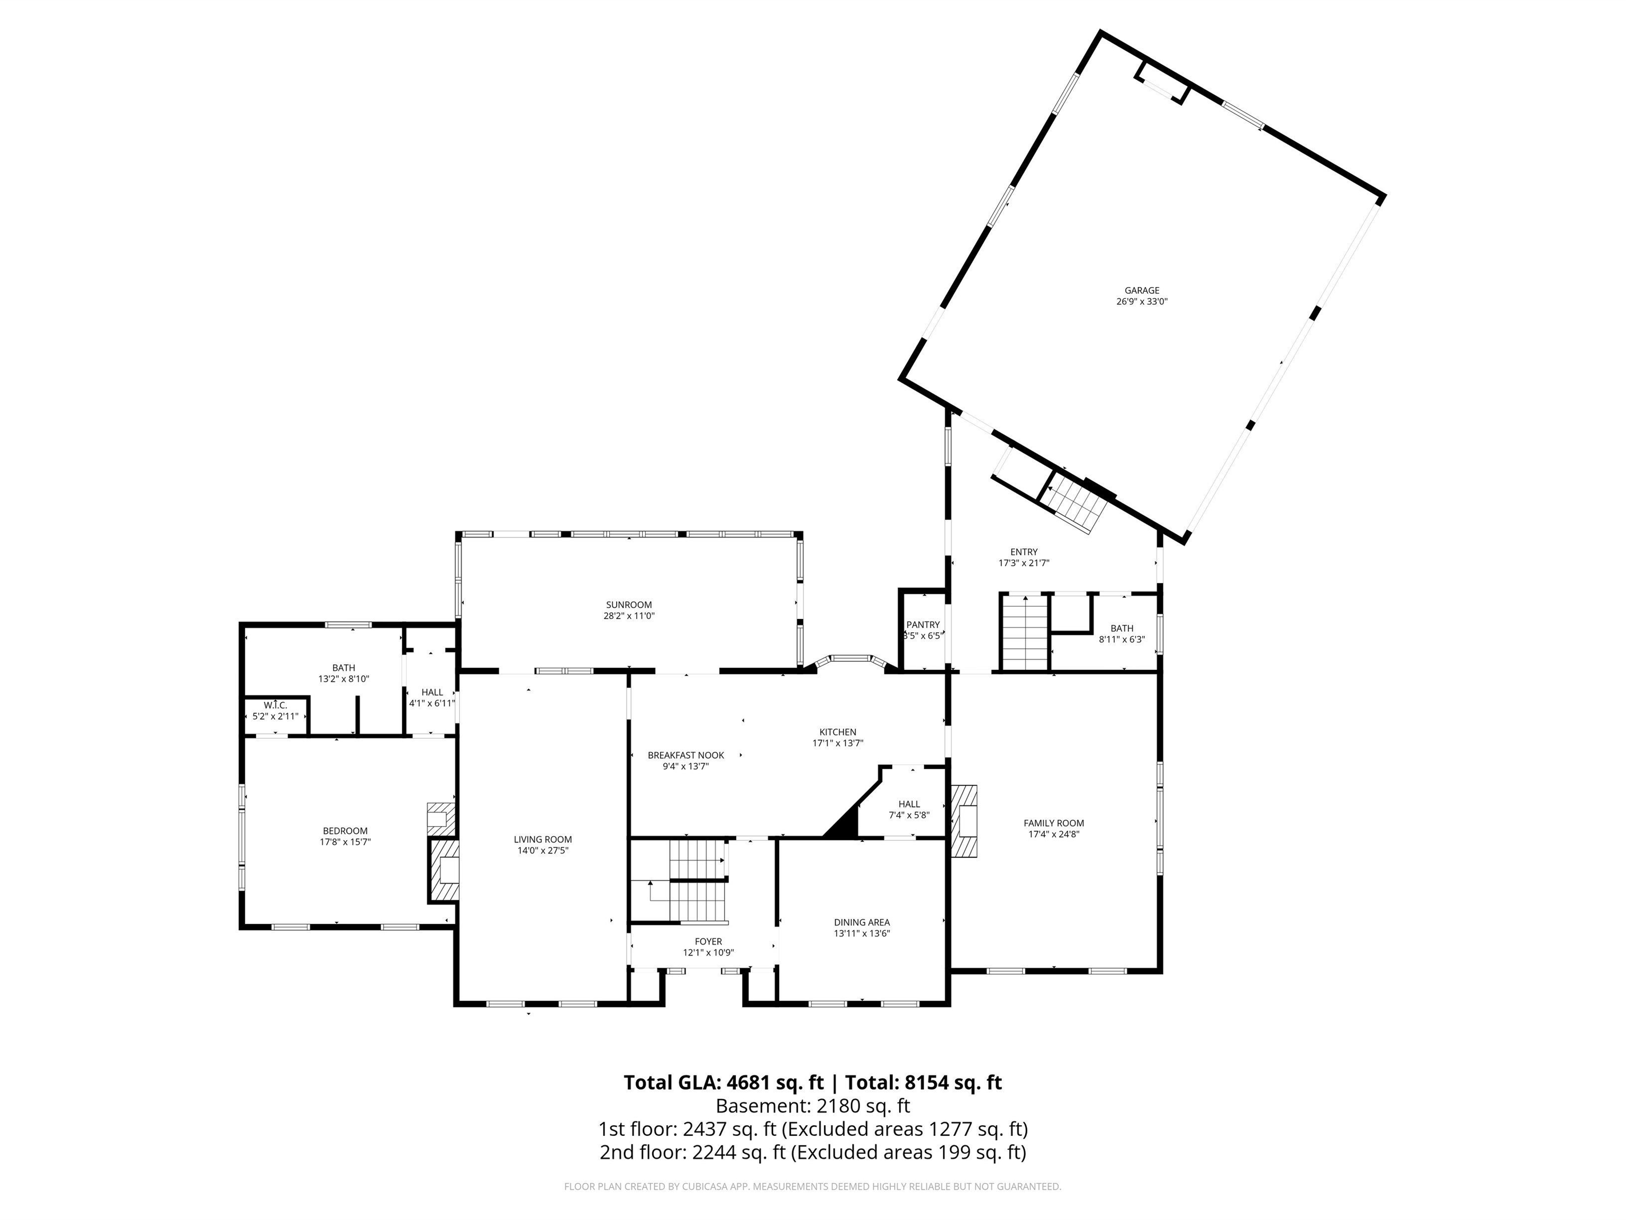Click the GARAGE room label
1142,291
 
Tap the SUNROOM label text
628,605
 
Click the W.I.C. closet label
275,705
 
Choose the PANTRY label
923,624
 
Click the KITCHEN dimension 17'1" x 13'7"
837,743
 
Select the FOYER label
708,941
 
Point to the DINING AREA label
862,922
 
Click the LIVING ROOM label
543,839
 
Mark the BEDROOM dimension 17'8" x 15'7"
345,842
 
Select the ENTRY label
1023,552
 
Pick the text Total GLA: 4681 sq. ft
724,1082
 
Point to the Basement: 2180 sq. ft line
812,1106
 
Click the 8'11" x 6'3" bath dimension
1121,639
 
